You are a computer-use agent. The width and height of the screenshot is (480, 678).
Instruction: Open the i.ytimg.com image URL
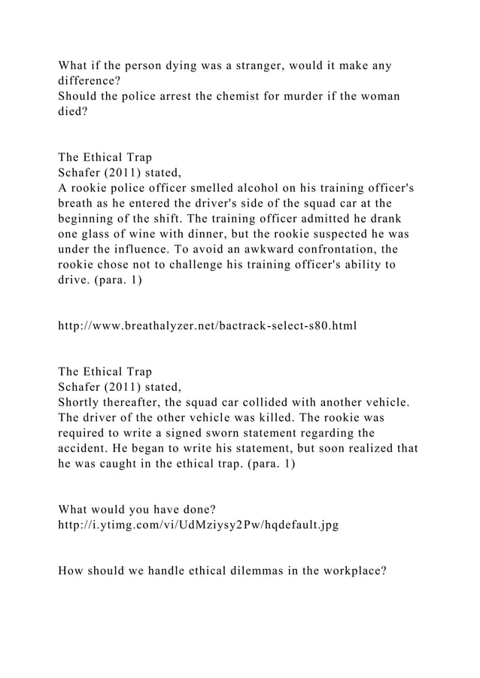(x=198, y=526)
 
